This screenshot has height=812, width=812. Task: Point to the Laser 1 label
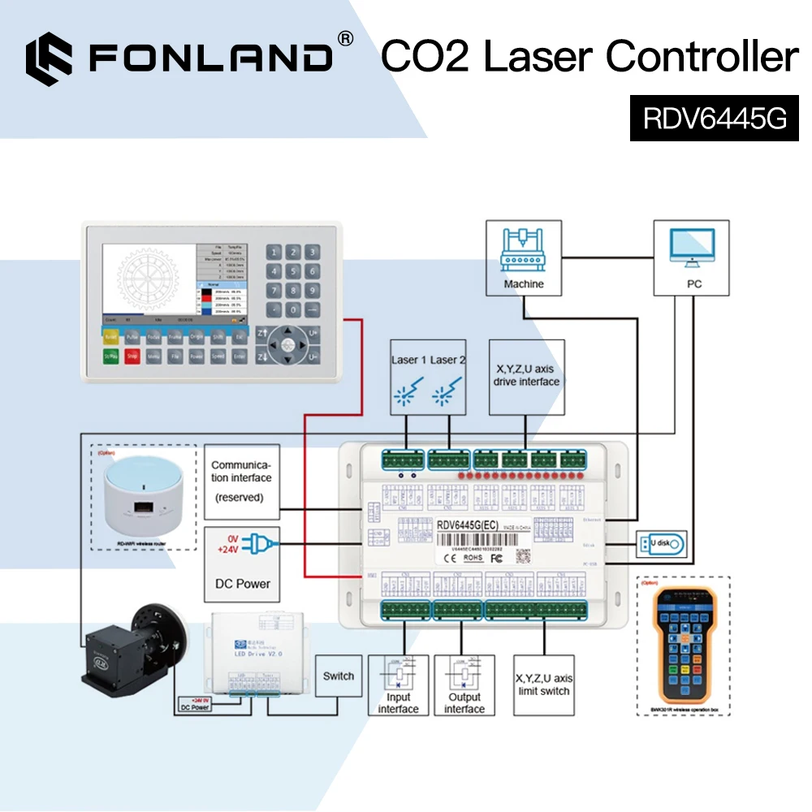pos(404,360)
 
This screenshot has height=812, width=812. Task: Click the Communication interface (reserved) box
pos(241,482)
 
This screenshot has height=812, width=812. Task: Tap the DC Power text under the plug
pos(241,583)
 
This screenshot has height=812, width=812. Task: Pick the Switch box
pos(339,676)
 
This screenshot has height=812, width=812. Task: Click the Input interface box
pos(398,685)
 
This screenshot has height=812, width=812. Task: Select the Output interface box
pos(464,685)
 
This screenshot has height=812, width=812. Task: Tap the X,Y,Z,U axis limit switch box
pos(544,685)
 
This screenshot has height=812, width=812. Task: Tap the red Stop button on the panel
pos(132,355)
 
